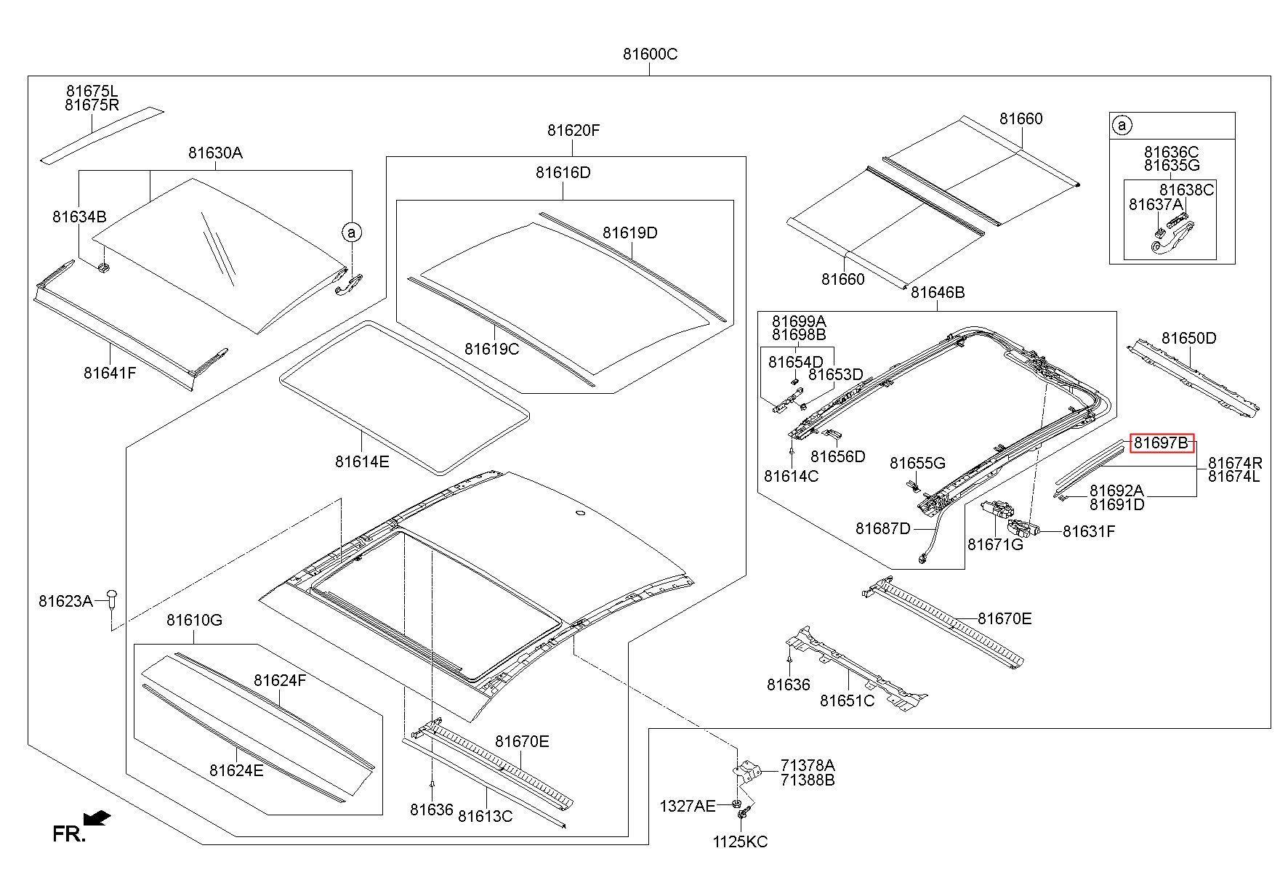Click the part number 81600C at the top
point(650,54)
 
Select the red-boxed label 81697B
point(1162,443)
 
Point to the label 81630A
point(215,153)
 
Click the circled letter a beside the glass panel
point(352,233)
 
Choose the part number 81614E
point(362,461)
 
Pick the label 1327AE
point(688,806)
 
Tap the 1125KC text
point(740,842)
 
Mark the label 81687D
point(882,528)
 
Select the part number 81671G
point(995,544)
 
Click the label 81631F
point(1089,531)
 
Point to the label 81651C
point(848,701)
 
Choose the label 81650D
point(1188,338)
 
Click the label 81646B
point(938,292)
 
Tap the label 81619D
point(629,233)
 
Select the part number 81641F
point(110,373)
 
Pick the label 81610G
point(194,620)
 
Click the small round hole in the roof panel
point(579,514)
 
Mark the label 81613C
point(485,816)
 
